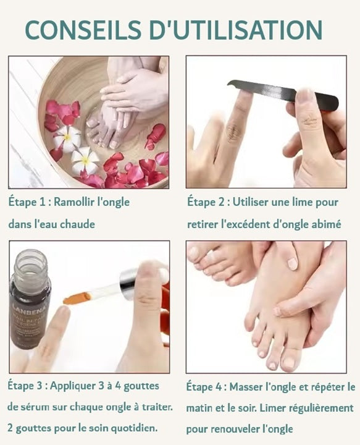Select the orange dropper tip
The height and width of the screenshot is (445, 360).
click(x=77, y=299)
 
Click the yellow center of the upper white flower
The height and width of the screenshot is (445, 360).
click(x=67, y=137)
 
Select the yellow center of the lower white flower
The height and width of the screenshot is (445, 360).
click(x=86, y=161)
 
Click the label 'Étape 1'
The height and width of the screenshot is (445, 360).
click(x=27, y=202)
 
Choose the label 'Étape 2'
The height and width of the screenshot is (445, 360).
click(x=206, y=202)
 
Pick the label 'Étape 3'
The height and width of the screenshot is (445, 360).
click(x=25, y=386)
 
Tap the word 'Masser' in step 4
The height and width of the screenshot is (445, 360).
click(x=246, y=387)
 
